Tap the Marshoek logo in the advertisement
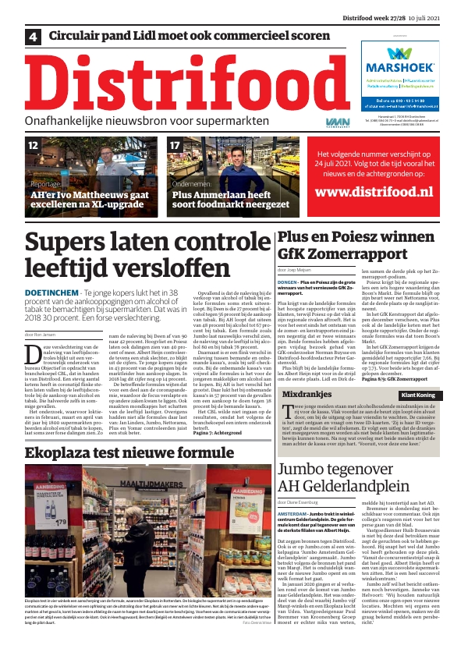400,61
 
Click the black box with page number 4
34,36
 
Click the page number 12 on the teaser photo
33,145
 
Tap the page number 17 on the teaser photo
175,145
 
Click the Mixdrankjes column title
310,395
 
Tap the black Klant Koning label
417,395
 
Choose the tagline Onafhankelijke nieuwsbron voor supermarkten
145,122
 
